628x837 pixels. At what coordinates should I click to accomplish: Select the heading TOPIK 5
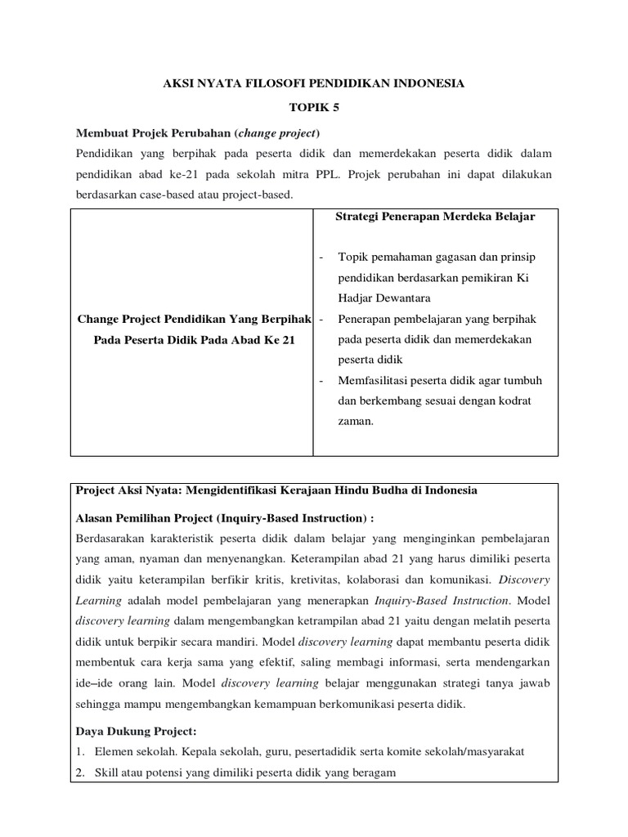click(x=313, y=106)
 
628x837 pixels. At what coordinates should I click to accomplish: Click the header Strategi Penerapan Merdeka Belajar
click(x=435, y=217)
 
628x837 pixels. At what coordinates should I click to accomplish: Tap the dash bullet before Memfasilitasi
click(x=321, y=381)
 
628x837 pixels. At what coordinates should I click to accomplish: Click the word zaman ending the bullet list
click(x=355, y=422)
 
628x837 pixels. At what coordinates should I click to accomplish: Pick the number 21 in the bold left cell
click(x=286, y=339)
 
